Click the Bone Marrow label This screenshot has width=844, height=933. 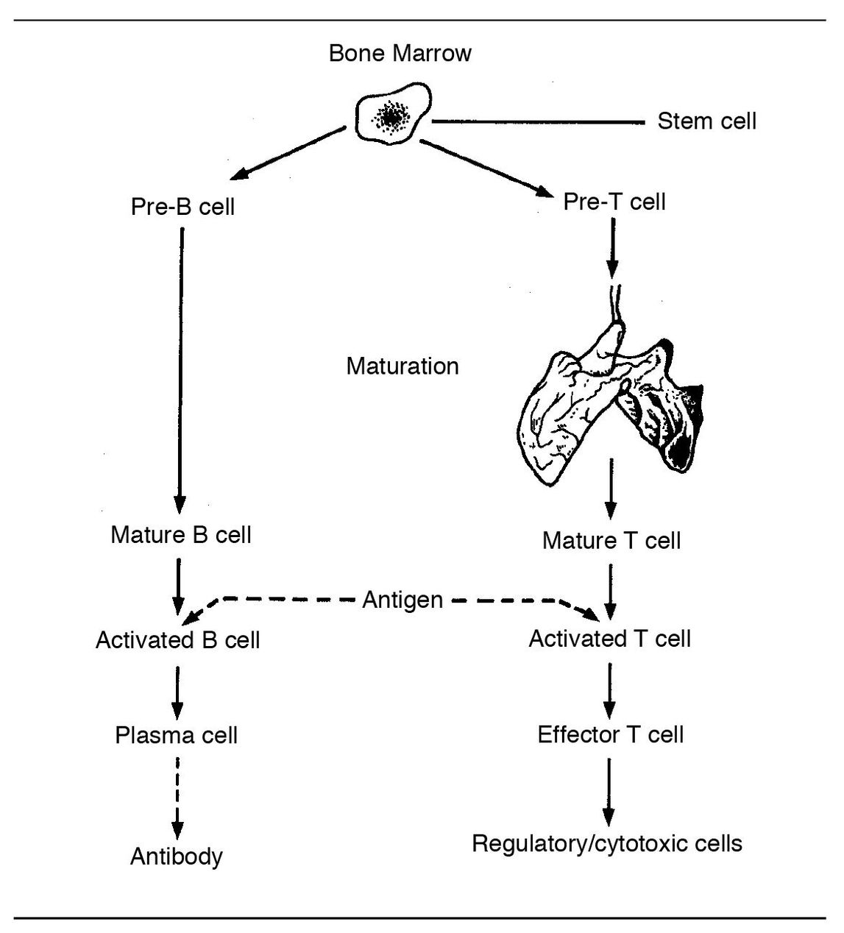400,54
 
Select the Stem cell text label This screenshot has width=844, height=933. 706,121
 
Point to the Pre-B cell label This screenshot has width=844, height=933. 182,207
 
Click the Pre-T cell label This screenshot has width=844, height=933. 614,202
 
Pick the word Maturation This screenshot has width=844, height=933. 403,366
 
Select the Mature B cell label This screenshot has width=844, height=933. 181,534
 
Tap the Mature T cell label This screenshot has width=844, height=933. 611,541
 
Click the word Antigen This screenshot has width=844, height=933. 403,600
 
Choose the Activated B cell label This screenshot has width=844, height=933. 177,640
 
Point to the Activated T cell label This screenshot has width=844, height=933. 609,639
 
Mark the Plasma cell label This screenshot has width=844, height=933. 177,735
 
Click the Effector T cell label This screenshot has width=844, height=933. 611,734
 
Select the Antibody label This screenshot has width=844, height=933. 177,856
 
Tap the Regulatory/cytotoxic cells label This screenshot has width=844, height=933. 607,843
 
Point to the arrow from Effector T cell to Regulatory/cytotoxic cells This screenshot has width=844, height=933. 609,791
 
